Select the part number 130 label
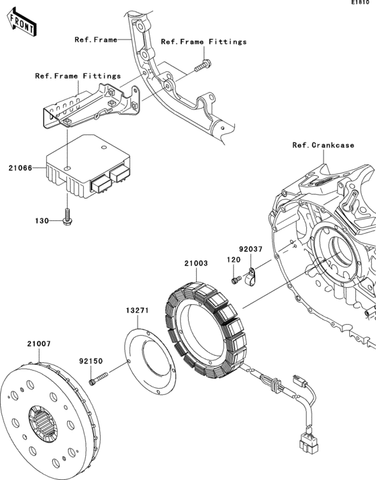point(42,220)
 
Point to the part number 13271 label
point(136,311)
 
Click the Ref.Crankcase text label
point(319,145)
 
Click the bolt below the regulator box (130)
point(67,216)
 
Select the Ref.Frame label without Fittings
point(95,40)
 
